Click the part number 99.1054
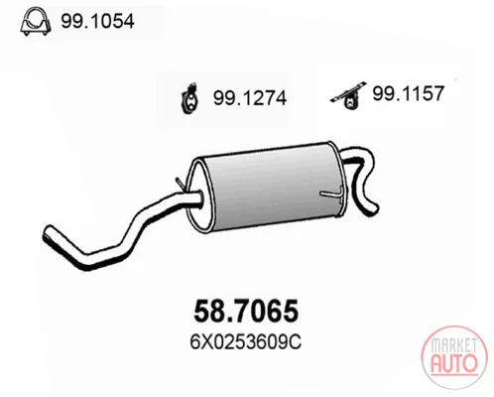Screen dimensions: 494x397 [x=97, y=22]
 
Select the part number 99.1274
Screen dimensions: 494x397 [x=250, y=98]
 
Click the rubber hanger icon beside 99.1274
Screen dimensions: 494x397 [x=189, y=98]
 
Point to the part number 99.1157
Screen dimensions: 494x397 [x=408, y=93]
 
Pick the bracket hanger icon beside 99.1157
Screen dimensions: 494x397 [x=348, y=95]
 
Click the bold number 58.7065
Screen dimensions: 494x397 [x=246, y=311]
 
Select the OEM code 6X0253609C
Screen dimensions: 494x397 [x=245, y=342]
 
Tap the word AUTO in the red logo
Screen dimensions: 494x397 [x=454, y=363]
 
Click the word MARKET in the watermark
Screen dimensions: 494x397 [x=454, y=345]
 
